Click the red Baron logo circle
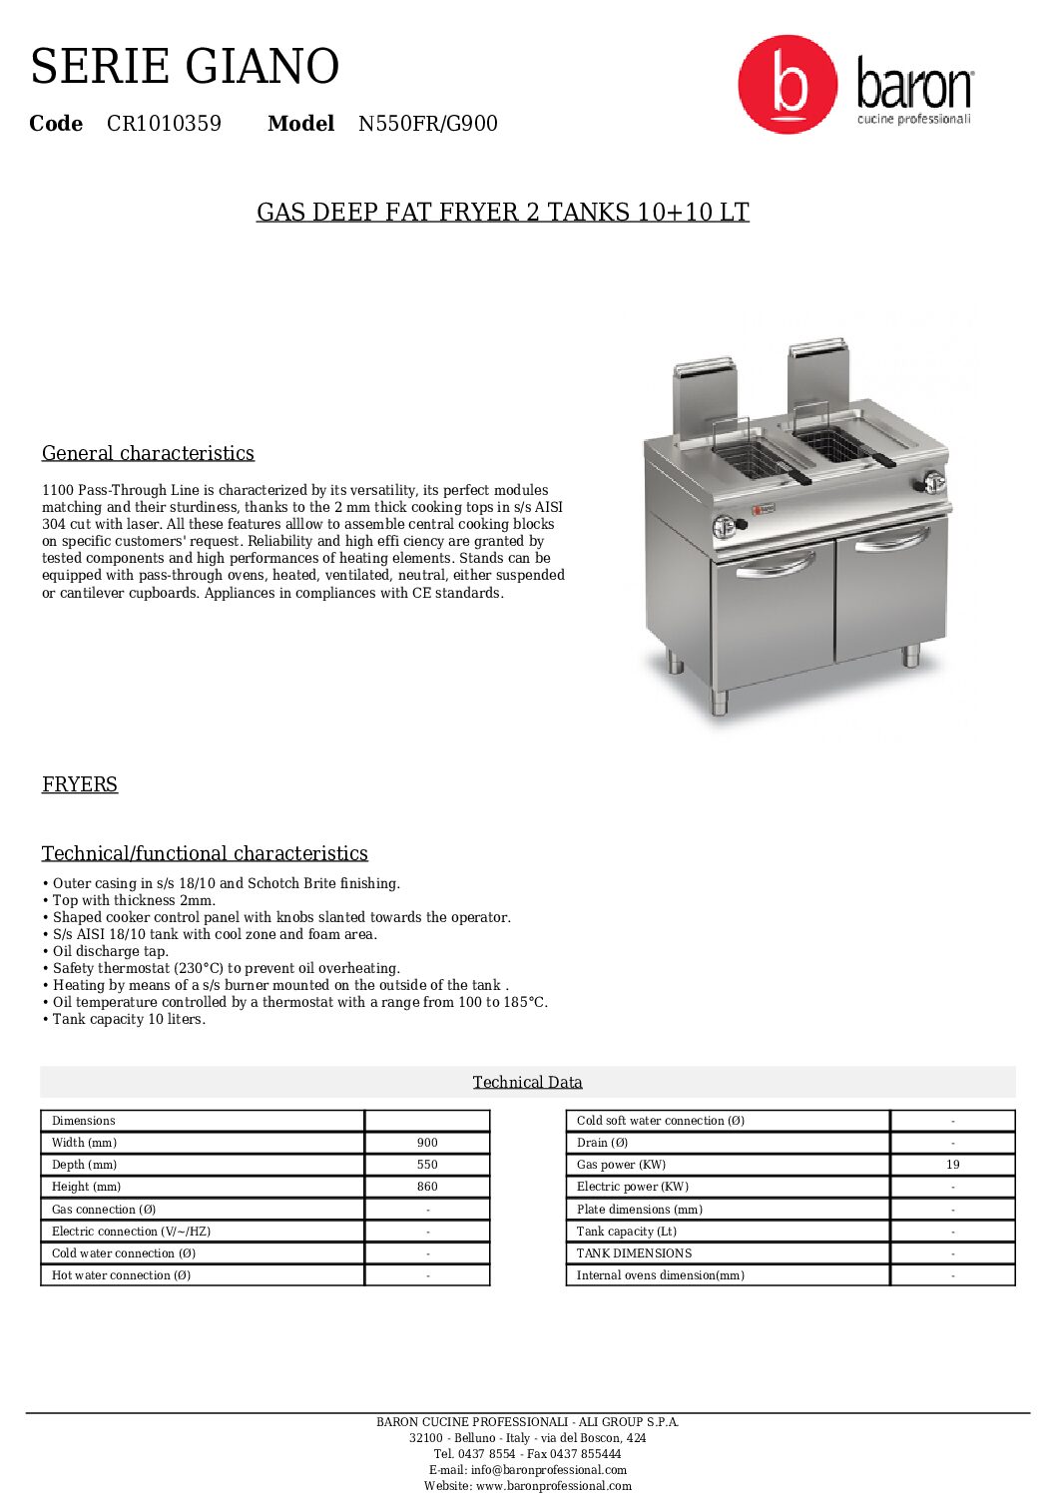(x=788, y=85)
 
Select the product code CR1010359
(x=164, y=124)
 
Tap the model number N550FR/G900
(x=427, y=124)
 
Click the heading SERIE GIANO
(x=185, y=67)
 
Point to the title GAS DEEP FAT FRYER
(x=502, y=213)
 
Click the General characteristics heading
(x=148, y=453)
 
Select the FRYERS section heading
(x=80, y=784)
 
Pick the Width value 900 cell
(x=427, y=1143)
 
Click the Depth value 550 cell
(x=427, y=1165)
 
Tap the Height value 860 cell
(x=427, y=1187)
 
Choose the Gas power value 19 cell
(x=952, y=1165)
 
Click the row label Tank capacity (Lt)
(x=627, y=1232)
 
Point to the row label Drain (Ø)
(x=603, y=1143)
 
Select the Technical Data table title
(x=527, y=1083)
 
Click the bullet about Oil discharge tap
(x=111, y=951)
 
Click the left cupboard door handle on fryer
(x=775, y=567)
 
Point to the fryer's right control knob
(x=933, y=483)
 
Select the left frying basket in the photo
(x=751, y=457)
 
